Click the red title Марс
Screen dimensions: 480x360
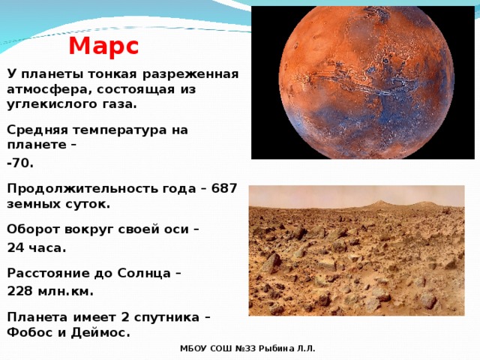point(103,46)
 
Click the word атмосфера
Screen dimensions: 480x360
point(48,89)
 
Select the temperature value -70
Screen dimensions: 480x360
point(20,163)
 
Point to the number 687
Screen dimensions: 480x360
point(224,188)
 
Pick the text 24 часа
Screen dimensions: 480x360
point(37,248)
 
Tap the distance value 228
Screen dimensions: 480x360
point(20,292)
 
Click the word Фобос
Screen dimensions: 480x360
point(30,332)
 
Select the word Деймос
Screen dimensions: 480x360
point(100,332)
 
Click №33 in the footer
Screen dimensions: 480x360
point(245,349)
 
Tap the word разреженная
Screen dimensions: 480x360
point(190,75)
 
